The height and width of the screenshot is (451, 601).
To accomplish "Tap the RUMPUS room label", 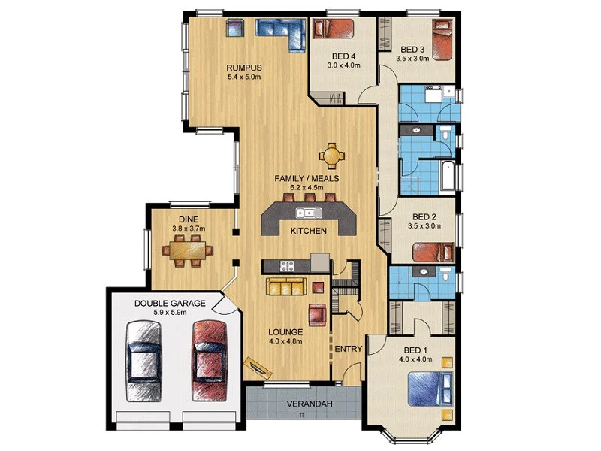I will (x=245, y=67).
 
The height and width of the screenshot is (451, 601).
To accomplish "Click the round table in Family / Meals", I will (x=331, y=156).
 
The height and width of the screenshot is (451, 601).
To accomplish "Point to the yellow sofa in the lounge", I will (x=286, y=286).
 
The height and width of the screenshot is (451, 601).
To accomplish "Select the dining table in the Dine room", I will (x=187, y=250).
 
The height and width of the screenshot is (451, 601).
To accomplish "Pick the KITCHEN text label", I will (x=308, y=231).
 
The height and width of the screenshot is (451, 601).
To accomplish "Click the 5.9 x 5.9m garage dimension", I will (x=171, y=313).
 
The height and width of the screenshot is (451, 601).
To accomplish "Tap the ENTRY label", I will (x=349, y=349).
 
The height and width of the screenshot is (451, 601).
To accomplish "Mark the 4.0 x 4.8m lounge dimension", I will (x=285, y=341).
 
